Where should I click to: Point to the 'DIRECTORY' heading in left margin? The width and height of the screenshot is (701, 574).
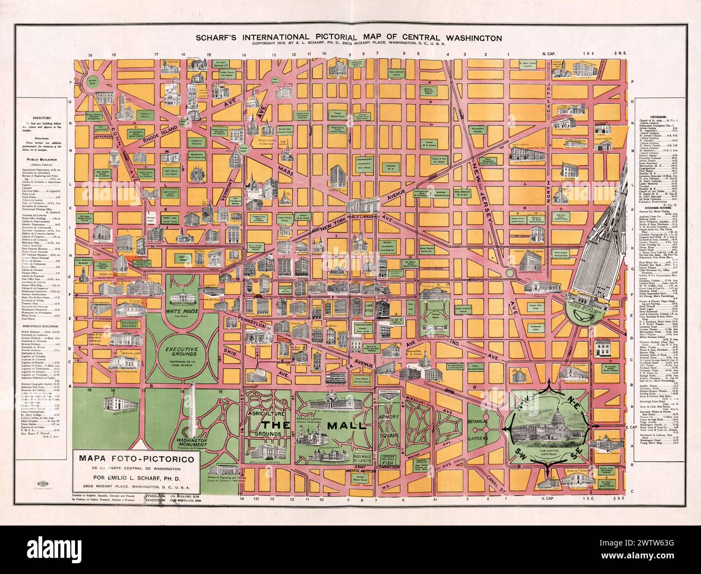(x=41, y=117)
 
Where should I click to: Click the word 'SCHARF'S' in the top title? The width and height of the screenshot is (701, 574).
(x=224, y=38)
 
